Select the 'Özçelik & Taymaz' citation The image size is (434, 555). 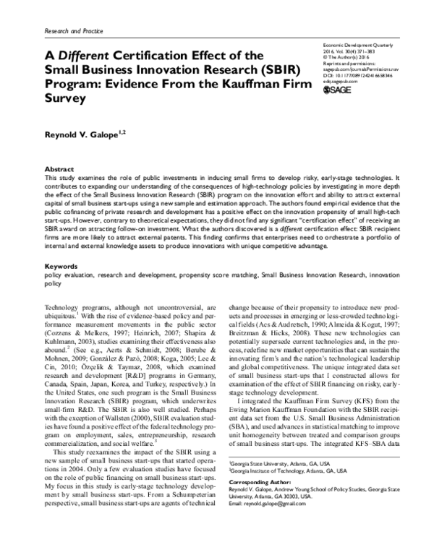click(88, 375)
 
